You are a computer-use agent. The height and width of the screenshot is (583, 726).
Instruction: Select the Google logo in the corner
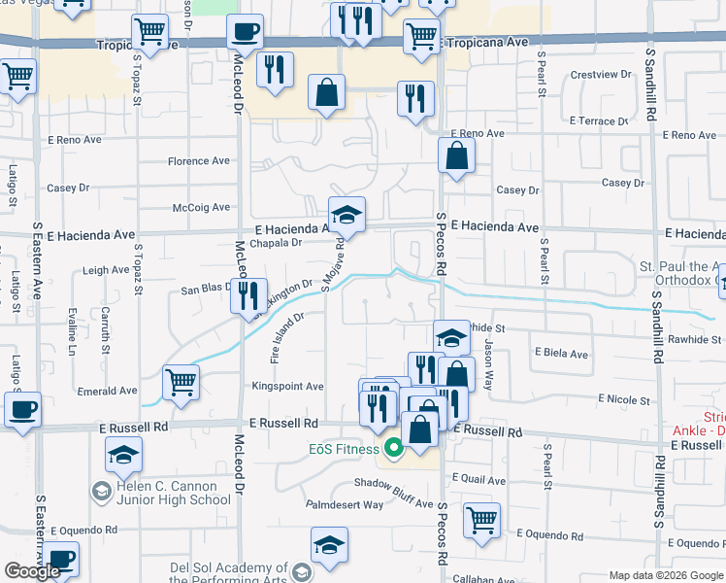pyautogui.click(x=33, y=571)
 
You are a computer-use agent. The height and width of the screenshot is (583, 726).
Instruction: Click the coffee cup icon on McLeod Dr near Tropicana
pyautogui.click(x=246, y=32)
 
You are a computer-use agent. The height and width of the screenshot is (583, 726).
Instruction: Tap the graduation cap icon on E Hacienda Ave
pyautogui.click(x=346, y=215)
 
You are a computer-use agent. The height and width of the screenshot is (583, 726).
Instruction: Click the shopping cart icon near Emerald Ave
pyautogui.click(x=181, y=381)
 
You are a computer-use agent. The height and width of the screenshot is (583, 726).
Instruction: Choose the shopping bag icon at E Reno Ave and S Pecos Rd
pyautogui.click(x=456, y=154)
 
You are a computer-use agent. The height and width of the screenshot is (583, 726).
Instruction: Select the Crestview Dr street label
pyautogui.click(x=602, y=75)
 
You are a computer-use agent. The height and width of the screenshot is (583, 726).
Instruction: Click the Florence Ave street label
pyautogui.click(x=199, y=161)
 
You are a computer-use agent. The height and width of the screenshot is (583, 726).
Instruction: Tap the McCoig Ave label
pyautogui.click(x=201, y=207)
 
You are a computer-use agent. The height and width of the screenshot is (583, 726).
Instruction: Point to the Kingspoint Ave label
pyautogui.click(x=287, y=387)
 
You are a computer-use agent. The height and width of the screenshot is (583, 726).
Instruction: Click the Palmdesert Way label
pyautogui.click(x=345, y=505)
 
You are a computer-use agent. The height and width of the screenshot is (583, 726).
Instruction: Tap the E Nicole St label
pyautogui.click(x=624, y=399)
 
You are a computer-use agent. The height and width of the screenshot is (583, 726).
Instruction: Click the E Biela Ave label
pyautogui.click(x=562, y=355)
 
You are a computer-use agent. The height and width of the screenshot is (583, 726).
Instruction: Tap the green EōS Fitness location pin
pyautogui.click(x=393, y=449)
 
